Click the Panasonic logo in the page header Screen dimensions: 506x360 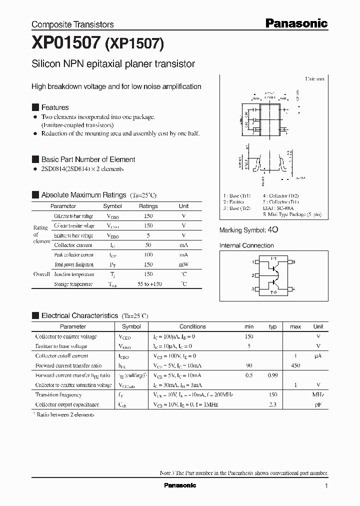coord(296,23)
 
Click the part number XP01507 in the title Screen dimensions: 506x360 coord(66,44)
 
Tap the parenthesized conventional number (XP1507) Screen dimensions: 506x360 coord(134,44)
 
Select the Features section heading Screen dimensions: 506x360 coord(55,107)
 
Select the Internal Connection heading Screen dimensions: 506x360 coord(246,245)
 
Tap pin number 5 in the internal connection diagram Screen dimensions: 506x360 coord(293,262)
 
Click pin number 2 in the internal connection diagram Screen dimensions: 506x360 coord(253,275)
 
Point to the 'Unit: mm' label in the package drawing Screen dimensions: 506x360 coord(314,79)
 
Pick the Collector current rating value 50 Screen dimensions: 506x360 coord(148,245)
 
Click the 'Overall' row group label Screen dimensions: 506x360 coord(41,274)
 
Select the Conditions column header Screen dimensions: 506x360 coord(192,326)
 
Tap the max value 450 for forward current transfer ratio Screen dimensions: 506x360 coord(295,365)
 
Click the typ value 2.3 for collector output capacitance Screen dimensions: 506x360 coord(273,404)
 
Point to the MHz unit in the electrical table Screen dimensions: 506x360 coord(318,395)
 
